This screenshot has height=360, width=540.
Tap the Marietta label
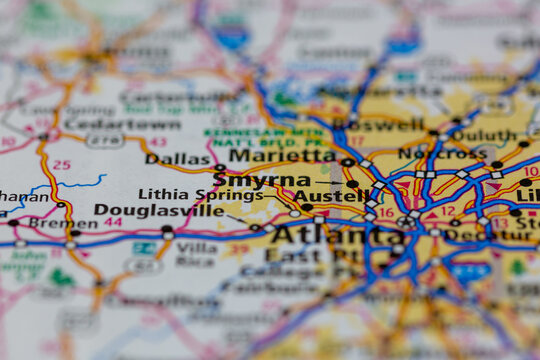(x=283, y=156)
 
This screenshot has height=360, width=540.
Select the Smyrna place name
(x=262, y=181)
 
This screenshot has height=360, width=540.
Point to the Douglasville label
(x=159, y=211)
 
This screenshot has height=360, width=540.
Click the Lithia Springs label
(x=187, y=194)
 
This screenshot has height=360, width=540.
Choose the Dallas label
(x=178, y=159)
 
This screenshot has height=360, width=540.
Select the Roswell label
(x=378, y=125)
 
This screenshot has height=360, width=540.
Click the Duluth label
(x=485, y=136)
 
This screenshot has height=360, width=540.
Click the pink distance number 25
(x=62, y=164)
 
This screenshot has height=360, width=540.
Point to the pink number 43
(x=158, y=141)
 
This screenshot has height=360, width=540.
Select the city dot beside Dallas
(x=219, y=167)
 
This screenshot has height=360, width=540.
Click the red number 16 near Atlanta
(x=385, y=213)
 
